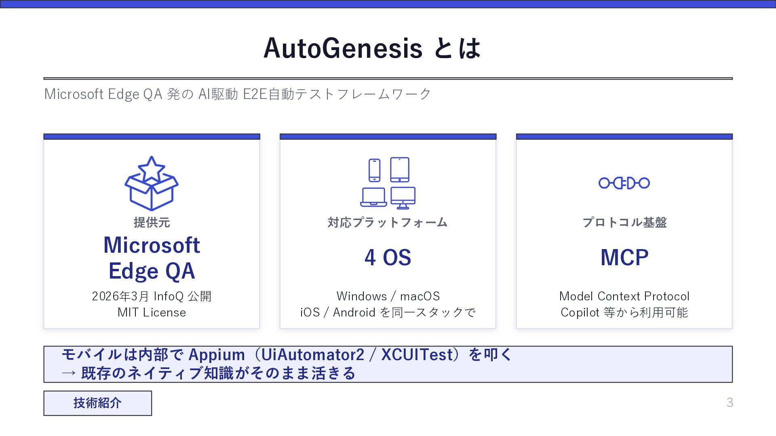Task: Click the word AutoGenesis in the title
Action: click(343, 48)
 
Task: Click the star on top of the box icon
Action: click(151, 168)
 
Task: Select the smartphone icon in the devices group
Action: click(374, 170)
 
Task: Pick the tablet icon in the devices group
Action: click(400, 170)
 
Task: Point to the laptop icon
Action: click(373, 197)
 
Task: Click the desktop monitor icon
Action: click(403, 198)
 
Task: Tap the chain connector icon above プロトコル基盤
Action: click(624, 183)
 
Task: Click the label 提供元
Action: click(152, 222)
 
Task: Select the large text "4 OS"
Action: click(388, 258)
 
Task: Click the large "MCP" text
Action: click(624, 258)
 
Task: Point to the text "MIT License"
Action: click(152, 312)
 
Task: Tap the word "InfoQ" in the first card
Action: click(169, 296)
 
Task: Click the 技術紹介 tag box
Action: click(98, 403)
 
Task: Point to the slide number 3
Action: click(730, 402)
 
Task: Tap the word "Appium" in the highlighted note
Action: click(217, 355)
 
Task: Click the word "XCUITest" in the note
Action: click(417, 354)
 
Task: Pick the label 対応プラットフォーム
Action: click(388, 222)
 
